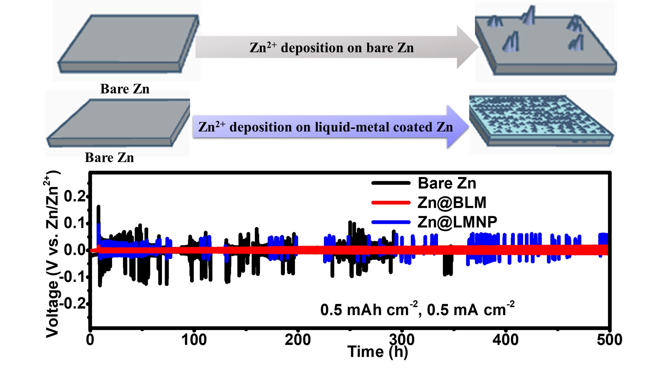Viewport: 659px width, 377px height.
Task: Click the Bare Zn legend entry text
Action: tap(446, 183)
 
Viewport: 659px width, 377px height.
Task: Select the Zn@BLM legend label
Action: tap(451, 202)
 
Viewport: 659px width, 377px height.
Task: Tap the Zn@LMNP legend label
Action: tap(457, 222)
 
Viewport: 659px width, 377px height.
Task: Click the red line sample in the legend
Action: tap(391, 202)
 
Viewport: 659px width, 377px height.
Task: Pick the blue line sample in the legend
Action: tap(391, 222)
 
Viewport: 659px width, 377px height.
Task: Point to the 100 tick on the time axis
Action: tap(194, 340)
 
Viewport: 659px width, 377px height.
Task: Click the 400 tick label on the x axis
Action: tap(505, 340)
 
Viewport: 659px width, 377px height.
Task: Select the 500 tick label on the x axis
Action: tap(609, 340)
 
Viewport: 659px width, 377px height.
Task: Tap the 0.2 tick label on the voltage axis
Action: tap(74, 196)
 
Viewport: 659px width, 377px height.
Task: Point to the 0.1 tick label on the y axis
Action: tap(74, 223)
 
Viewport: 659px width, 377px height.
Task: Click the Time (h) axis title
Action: tap(377, 352)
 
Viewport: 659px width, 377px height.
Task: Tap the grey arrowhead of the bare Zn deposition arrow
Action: tap(467, 47)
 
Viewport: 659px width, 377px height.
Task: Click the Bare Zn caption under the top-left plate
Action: tap(125, 89)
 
